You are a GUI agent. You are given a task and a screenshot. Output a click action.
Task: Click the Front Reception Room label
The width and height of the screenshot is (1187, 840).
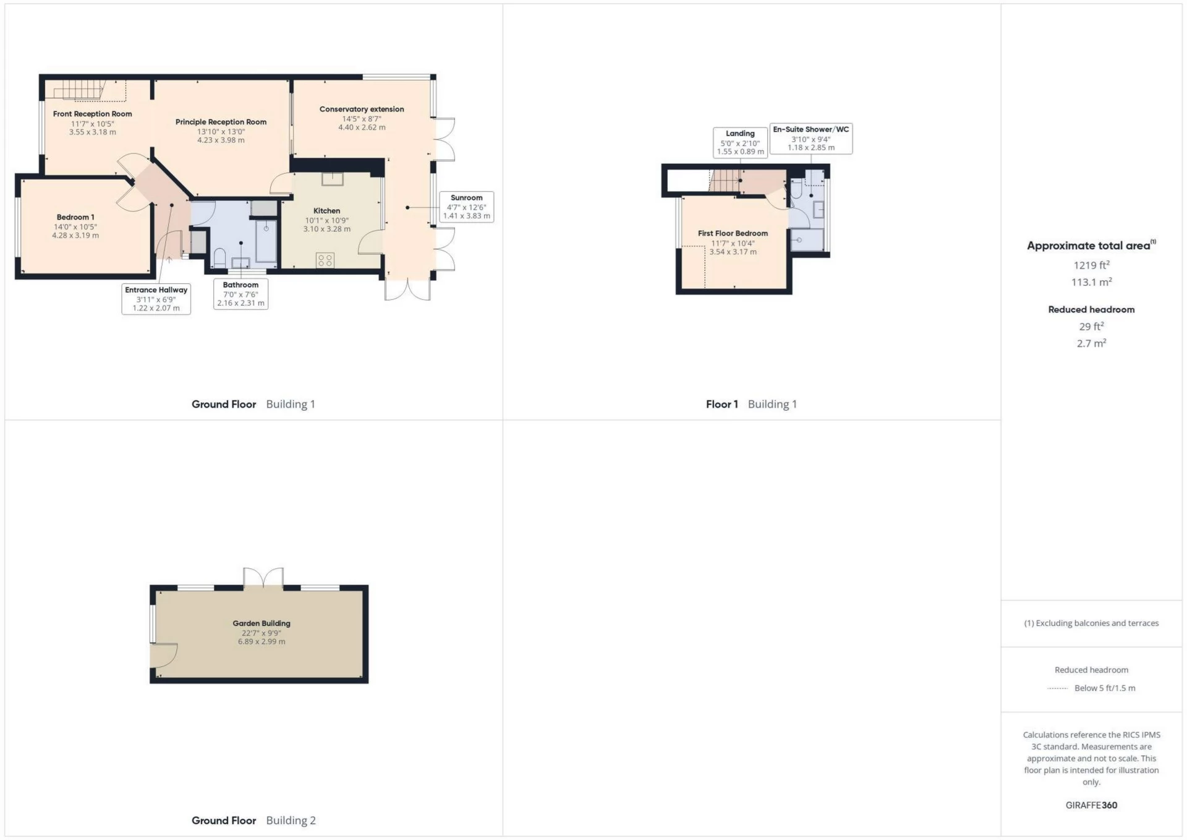click(x=92, y=114)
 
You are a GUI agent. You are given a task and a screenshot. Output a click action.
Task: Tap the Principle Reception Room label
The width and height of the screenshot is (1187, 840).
click(x=221, y=122)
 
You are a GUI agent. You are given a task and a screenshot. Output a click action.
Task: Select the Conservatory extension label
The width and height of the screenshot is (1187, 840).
click(x=362, y=109)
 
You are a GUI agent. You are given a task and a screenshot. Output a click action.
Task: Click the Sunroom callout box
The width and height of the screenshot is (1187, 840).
click(x=466, y=207)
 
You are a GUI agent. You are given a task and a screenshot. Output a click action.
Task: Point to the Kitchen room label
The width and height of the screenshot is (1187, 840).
click(x=326, y=211)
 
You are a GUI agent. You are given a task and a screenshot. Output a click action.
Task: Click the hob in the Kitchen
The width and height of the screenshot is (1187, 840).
click(x=325, y=260)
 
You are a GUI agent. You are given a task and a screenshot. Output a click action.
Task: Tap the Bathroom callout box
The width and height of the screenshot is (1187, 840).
click(x=240, y=294)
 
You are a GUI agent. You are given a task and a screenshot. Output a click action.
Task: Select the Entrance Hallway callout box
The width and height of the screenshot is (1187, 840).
click(x=156, y=299)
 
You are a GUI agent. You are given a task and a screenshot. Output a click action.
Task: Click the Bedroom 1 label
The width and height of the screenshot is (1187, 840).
click(x=75, y=217)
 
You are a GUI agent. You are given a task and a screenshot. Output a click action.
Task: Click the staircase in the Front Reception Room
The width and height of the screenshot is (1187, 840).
click(x=79, y=90)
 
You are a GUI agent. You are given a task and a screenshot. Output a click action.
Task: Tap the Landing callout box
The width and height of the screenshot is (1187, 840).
click(x=740, y=142)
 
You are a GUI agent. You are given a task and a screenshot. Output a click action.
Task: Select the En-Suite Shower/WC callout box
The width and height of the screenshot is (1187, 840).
click(x=810, y=139)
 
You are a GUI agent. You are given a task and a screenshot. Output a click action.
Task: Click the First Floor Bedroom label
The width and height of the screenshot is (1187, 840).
click(x=733, y=234)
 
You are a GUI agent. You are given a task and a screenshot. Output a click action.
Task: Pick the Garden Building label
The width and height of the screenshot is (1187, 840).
click(x=262, y=624)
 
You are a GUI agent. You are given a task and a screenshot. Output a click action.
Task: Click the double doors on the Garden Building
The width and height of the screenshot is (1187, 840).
click(x=263, y=578)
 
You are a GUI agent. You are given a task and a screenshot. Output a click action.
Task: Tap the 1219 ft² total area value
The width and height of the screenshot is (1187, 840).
click(x=1091, y=265)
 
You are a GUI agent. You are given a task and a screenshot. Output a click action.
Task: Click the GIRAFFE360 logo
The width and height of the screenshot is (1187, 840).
click(x=1091, y=805)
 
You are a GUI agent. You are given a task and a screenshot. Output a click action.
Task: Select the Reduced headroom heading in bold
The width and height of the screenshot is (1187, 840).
click(x=1091, y=310)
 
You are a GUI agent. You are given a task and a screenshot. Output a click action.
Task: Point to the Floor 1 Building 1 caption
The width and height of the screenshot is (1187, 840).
click(x=751, y=405)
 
